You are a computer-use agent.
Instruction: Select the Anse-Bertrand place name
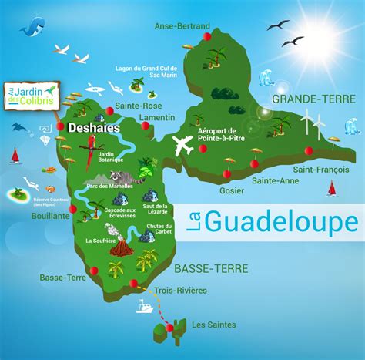(182, 26)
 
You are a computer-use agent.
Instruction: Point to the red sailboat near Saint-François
(332, 188)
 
